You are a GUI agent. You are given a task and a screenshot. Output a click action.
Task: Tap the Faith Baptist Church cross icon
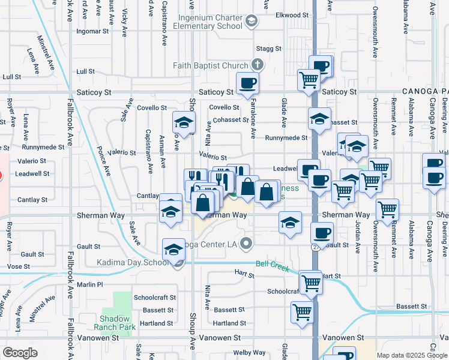tap(257, 65)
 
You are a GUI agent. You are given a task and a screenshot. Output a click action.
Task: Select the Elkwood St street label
tap(292, 14)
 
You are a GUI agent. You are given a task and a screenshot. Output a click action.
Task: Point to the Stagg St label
tap(268, 48)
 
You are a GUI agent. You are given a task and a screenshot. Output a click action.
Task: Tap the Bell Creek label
tap(269, 263)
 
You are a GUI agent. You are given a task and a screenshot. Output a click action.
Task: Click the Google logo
tap(20, 353)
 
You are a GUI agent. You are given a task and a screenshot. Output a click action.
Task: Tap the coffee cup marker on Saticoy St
tap(247, 83)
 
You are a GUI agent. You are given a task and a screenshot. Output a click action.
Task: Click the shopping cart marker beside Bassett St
tap(301, 311)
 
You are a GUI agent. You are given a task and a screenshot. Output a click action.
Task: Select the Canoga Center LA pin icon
tap(246, 243)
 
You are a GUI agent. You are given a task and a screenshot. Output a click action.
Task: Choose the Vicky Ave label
tap(124, 20)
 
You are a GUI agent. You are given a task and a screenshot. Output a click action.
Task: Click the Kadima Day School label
tap(133, 263)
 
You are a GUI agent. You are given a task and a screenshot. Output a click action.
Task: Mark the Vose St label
tap(18, 266)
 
